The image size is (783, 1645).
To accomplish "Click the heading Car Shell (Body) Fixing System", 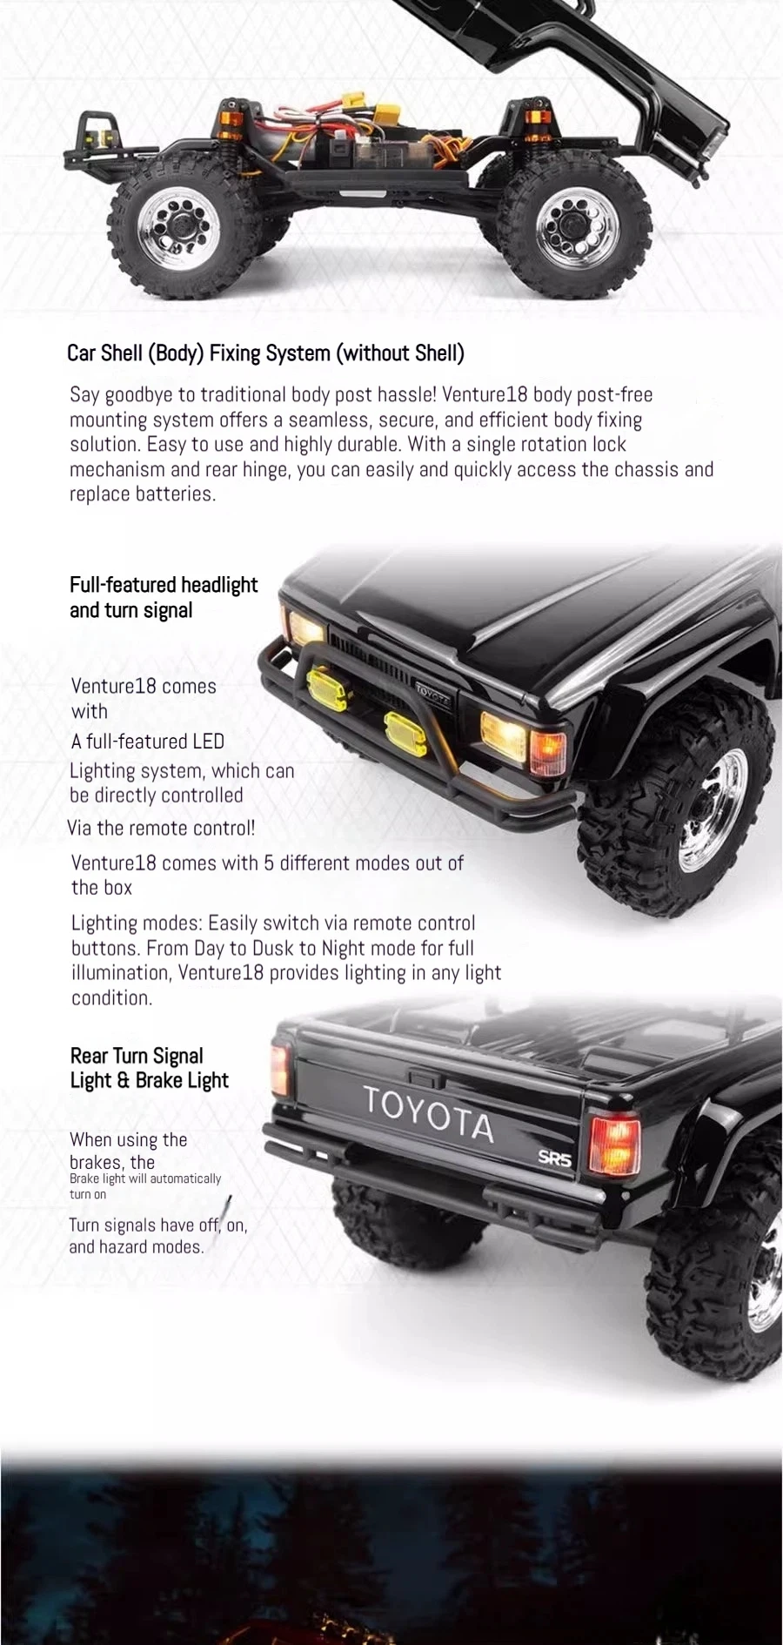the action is pyautogui.click(x=265, y=352).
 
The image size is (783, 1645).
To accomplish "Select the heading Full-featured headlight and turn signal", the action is pyautogui.click(x=164, y=597).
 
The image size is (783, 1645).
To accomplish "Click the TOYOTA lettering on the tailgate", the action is pyautogui.click(x=428, y=1112).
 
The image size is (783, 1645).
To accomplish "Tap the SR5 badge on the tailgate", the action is pyautogui.click(x=554, y=1158).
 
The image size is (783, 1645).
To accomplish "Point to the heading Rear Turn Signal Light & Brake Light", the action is pyautogui.click(x=149, y=1068).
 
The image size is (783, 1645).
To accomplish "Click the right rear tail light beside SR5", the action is pyautogui.click(x=614, y=1143).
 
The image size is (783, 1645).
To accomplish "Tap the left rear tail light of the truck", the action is pyautogui.click(x=280, y=1068).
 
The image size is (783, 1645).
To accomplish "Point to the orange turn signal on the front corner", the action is pyautogui.click(x=548, y=751).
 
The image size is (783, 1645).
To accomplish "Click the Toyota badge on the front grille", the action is pyautogui.click(x=432, y=692).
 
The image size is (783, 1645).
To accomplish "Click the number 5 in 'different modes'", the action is pyautogui.click(x=269, y=863).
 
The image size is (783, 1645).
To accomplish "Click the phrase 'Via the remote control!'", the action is pyautogui.click(x=162, y=828).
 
